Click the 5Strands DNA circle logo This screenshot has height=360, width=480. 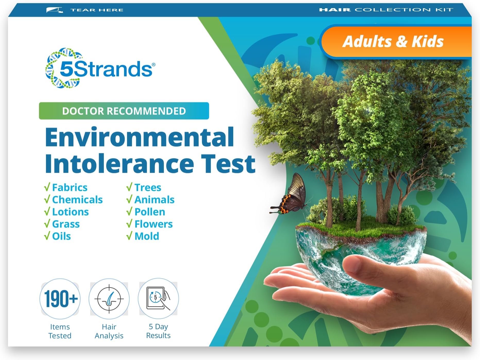pos(63,68)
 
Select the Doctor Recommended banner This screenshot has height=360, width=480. pos(124,111)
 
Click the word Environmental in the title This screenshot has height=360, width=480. pos(139,137)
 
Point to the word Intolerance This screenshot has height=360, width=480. pos(119,164)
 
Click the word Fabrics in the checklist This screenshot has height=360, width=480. pos(70,187)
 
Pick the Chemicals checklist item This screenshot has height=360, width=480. pos(77,200)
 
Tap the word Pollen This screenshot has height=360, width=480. pos(150,212)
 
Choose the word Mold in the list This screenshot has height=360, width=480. pos(147,236)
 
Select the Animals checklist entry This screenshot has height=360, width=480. pos(154,200)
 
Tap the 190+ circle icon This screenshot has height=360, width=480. pos(60,299)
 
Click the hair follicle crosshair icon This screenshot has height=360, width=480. pos(109,299)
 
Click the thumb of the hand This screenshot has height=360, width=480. pos(361,265)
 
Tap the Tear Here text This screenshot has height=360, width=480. pos(97,10)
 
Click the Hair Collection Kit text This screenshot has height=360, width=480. pos(386,10)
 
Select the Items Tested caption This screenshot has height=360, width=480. pos(60,331)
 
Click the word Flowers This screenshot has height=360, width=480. pos(153,224)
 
